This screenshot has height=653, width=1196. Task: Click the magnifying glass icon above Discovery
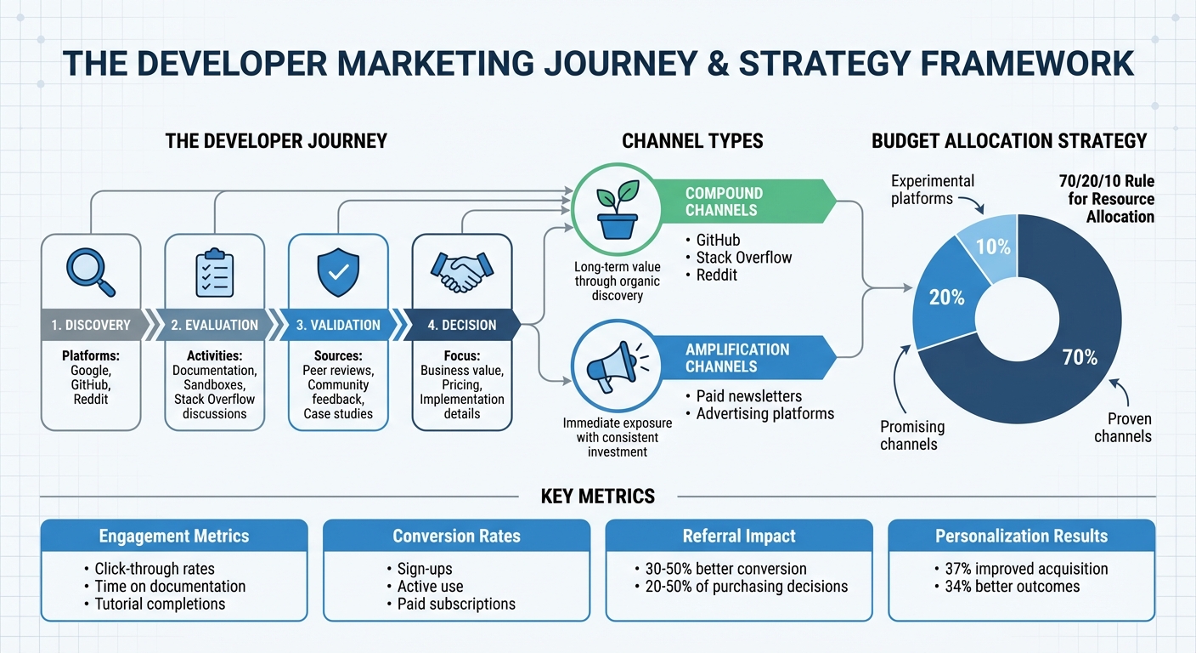[x=90, y=271]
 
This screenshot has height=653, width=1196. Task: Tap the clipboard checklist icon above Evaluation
[x=214, y=272]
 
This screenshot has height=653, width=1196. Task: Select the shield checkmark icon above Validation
[x=337, y=271]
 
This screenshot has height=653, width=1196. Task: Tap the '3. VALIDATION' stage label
[x=338, y=325]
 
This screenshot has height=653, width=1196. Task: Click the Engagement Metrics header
[x=174, y=536]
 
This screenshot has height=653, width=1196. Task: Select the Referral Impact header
[x=738, y=536]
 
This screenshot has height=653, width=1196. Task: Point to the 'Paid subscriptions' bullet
[x=456, y=604]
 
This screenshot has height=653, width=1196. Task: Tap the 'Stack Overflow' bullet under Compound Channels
[x=744, y=258]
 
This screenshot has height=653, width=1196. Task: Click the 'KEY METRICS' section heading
[x=597, y=496]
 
